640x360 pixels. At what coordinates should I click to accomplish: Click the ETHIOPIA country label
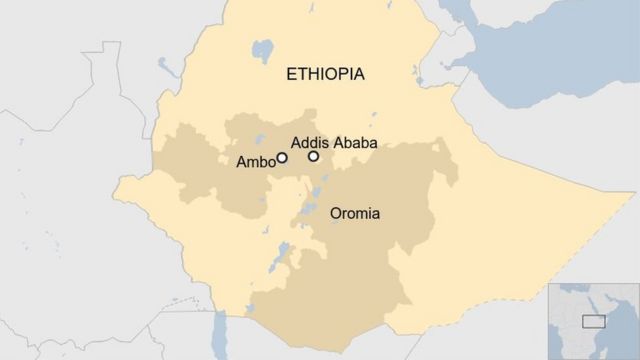(325, 74)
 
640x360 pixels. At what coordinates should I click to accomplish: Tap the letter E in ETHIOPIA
(291, 74)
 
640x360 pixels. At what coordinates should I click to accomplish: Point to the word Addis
(308, 142)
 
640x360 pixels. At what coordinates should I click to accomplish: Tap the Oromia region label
(355, 213)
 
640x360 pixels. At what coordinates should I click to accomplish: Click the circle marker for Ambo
(282, 157)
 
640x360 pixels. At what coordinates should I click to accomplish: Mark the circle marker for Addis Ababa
(314, 156)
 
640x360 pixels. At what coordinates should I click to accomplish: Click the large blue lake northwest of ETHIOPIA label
(263, 49)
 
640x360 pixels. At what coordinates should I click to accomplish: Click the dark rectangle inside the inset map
(594, 320)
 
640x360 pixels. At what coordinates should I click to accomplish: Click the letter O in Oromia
(337, 213)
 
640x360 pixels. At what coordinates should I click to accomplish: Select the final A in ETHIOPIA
(358, 74)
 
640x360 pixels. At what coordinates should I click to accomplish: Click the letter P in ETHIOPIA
(340, 74)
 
